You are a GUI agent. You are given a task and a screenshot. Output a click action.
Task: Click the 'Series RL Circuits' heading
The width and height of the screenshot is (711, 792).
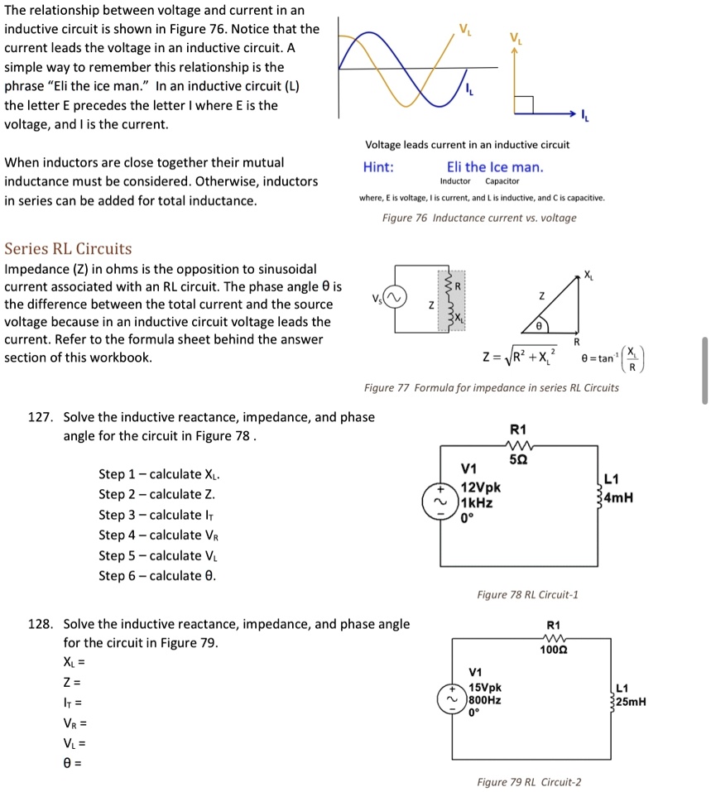click(x=68, y=248)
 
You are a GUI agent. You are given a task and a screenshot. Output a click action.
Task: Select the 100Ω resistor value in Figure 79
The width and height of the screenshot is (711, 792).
click(x=554, y=650)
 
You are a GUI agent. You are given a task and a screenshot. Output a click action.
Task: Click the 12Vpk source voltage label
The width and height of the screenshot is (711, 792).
click(x=481, y=488)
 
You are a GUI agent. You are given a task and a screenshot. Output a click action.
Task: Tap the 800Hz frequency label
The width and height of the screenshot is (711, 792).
click(x=485, y=700)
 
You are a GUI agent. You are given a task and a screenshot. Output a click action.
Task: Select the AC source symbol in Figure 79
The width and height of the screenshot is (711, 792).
click(x=454, y=700)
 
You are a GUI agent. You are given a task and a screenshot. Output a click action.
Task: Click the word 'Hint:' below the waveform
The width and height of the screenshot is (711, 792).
click(x=379, y=167)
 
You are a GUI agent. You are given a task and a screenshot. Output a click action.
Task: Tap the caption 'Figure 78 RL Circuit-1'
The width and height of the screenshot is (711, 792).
click(x=527, y=594)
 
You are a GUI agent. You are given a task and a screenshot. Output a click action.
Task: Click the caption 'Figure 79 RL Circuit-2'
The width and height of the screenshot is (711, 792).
click(x=529, y=781)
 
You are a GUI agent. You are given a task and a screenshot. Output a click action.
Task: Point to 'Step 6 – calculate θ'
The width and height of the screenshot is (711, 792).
click(x=158, y=576)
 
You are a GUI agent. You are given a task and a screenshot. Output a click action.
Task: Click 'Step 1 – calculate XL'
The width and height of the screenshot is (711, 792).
click(x=159, y=474)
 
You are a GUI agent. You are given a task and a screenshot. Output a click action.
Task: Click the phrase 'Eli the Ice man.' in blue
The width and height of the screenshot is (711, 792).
click(x=495, y=167)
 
